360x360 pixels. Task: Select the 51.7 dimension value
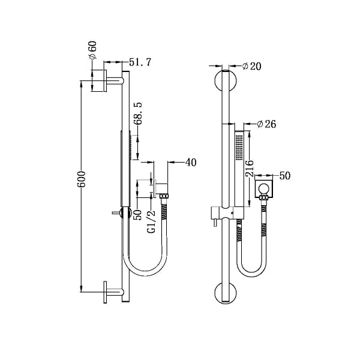point(140,62)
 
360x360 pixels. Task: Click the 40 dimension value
point(191,162)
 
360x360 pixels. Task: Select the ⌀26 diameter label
point(266,124)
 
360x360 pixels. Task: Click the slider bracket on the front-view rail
point(225,214)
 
